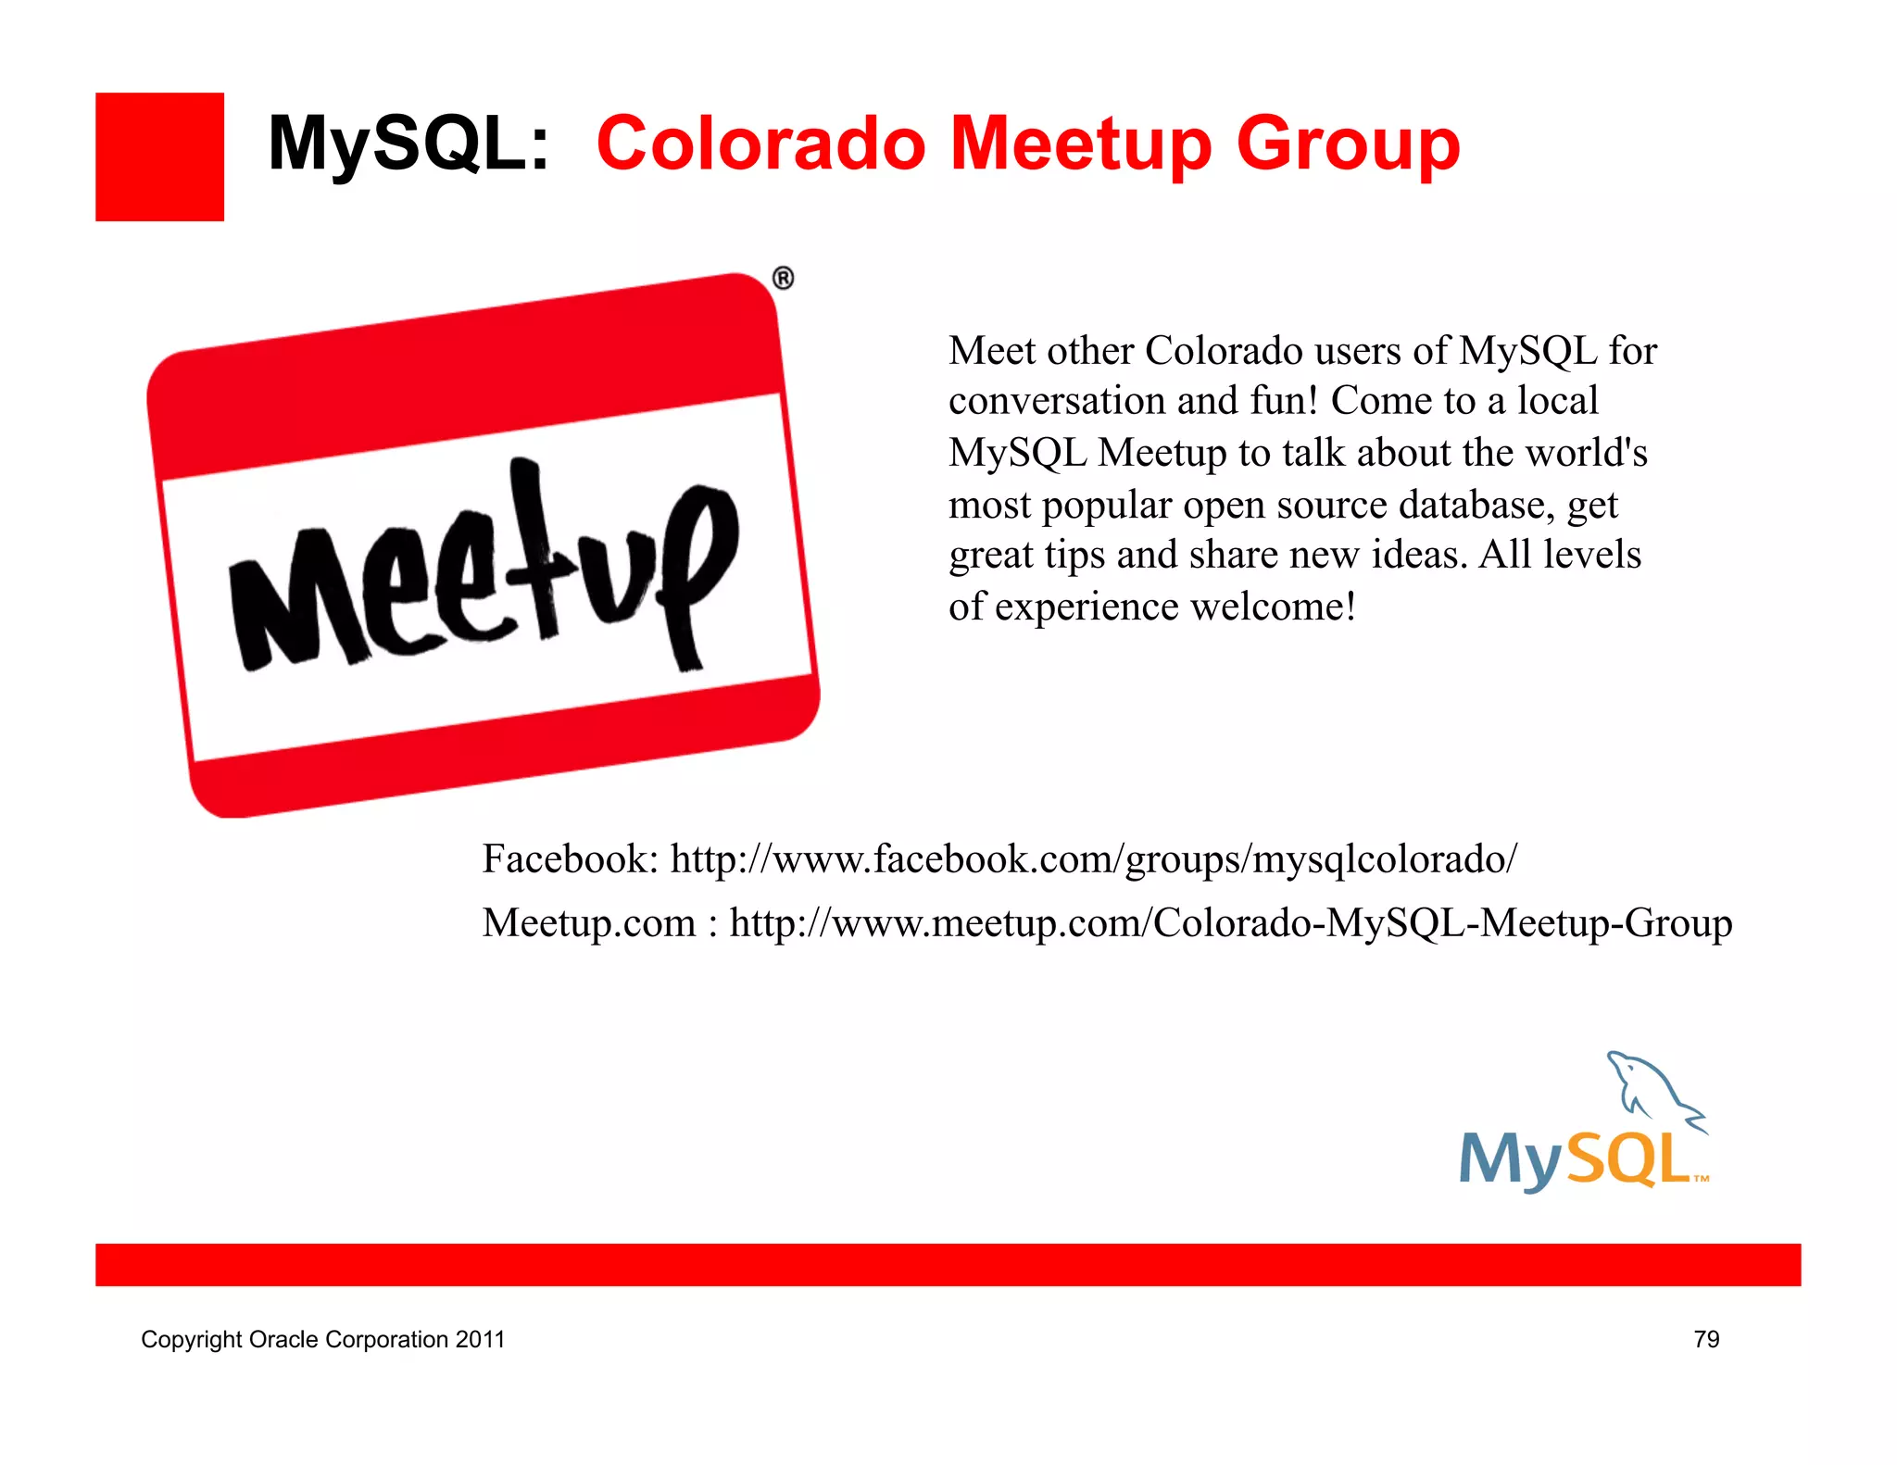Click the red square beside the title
coord(159,157)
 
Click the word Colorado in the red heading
coord(760,144)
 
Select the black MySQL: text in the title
coord(408,144)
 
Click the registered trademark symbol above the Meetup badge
coord(783,278)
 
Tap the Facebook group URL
coord(1093,859)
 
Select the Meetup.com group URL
coord(1230,923)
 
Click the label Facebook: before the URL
coord(570,859)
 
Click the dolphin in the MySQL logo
coord(1653,1088)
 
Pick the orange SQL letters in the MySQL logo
coord(1630,1159)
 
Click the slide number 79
coord(1706,1339)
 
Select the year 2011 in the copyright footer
coord(480,1339)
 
